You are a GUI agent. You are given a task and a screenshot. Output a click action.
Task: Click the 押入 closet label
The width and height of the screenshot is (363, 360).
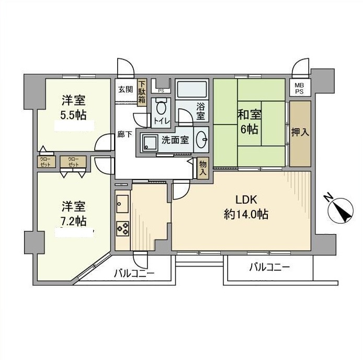tap(300, 132)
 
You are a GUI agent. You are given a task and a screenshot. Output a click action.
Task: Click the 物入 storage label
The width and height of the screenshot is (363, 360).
tap(203, 167)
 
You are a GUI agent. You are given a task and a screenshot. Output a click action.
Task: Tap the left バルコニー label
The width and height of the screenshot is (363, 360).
tap(134, 272)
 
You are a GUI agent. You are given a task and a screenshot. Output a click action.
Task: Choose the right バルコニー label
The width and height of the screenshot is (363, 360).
tap(269, 267)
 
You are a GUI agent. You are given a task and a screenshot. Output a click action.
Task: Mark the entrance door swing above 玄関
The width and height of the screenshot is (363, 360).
tap(126, 67)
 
